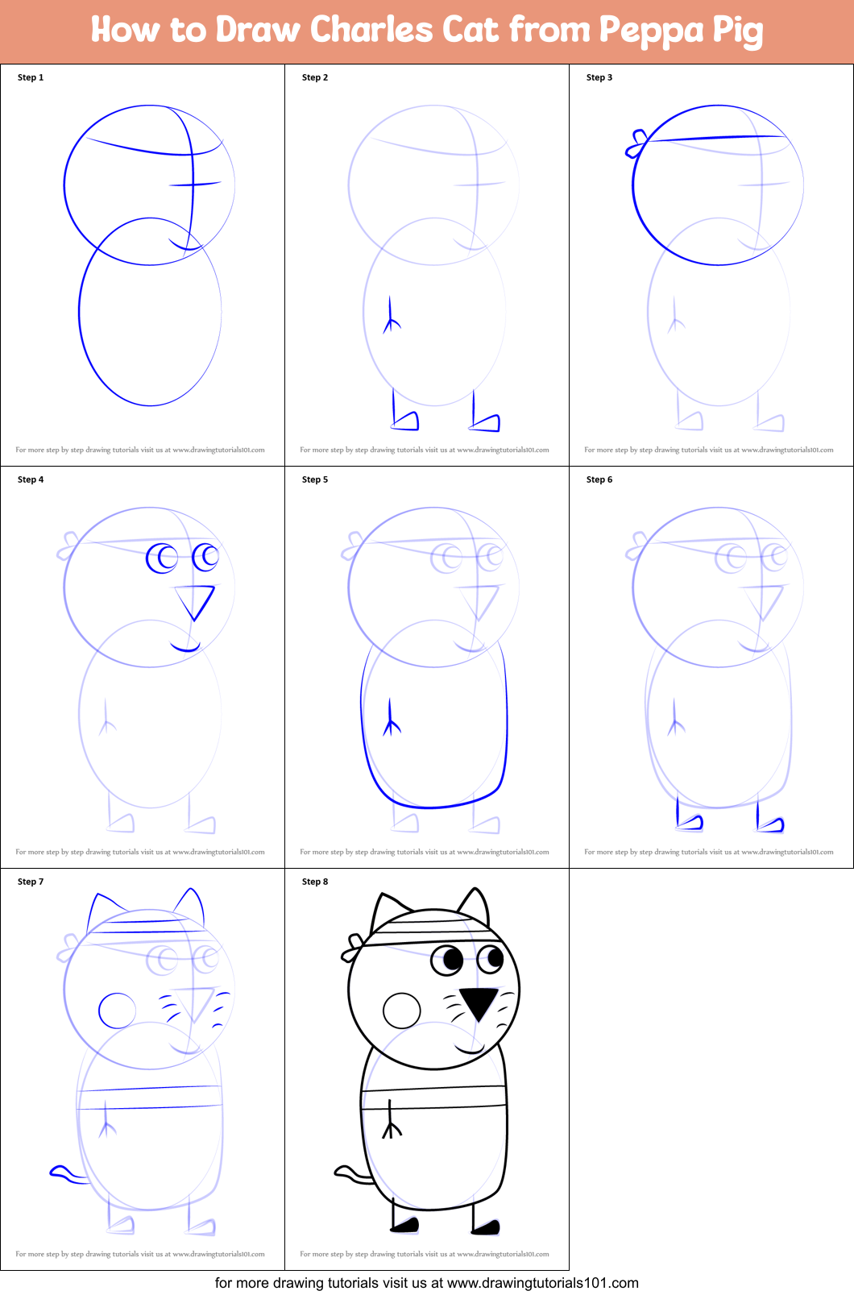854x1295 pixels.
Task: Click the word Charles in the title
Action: coord(371,30)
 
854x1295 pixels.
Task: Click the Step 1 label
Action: coord(31,77)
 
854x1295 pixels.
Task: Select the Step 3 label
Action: coord(599,77)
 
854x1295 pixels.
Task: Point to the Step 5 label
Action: coord(314,479)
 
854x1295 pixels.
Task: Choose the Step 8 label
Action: coord(314,882)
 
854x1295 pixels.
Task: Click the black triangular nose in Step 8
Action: coord(479,1002)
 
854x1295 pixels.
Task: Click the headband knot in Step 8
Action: coord(353,946)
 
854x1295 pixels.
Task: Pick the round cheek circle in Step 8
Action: coord(402,1010)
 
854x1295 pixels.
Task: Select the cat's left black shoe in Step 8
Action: coord(405,1225)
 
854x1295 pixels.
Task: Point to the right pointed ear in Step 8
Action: coord(475,904)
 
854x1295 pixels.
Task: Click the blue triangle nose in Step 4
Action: coord(196,600)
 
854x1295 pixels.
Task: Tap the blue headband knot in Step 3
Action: coord(636,143)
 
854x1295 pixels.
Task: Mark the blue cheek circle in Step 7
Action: coord(118,1011)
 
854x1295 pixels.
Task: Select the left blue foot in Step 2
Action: coord(405,420)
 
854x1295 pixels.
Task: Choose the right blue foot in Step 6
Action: coord(770,823)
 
